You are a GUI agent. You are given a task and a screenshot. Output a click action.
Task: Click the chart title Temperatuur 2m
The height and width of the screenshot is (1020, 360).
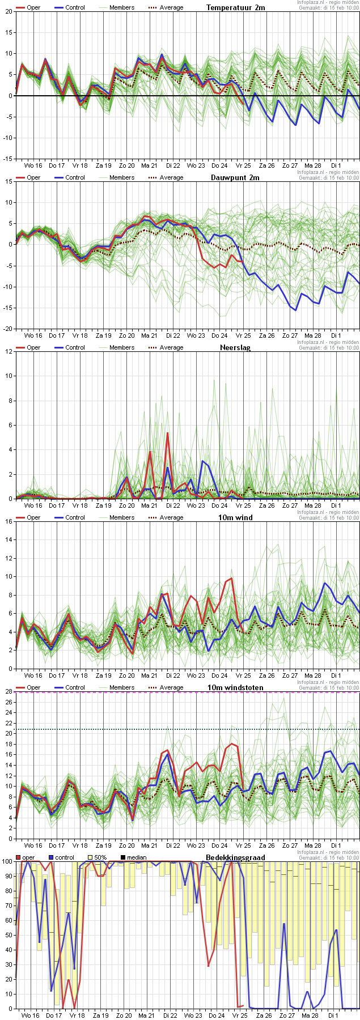click(x=235, y=7)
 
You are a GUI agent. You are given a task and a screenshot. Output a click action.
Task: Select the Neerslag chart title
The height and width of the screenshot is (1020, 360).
click(x=235, y=347)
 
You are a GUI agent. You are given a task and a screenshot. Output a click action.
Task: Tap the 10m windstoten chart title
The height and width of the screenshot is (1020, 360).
click(x=235, y=687)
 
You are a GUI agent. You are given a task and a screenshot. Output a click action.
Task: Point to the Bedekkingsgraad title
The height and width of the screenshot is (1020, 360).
click(x=235, y=857)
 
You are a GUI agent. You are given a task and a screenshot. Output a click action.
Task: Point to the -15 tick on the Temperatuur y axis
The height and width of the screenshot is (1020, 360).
click(x=7, y=159)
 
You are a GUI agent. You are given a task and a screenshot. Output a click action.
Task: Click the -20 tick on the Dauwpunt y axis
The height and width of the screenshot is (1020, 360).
click(x=7, y=329)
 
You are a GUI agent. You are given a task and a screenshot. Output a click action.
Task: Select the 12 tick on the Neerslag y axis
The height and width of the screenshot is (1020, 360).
click(x=9, y=351)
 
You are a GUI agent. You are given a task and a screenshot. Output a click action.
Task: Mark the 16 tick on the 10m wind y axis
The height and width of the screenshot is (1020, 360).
click(x=9, y=521)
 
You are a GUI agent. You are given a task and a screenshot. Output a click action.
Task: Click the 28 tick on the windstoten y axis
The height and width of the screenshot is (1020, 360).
click(x=9, y=691)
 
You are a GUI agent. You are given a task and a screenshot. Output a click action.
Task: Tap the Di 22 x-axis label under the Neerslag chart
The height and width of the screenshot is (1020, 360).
click(x=173, y=505)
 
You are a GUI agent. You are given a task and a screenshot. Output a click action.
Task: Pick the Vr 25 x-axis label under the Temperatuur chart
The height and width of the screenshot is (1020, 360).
click(x=243, y=165)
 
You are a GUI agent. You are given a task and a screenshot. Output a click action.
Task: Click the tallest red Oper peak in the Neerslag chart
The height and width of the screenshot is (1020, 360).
click(x=167, y=433)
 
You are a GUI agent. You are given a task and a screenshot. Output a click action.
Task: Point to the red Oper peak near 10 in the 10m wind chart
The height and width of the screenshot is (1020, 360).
click(x=231, y=579)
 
